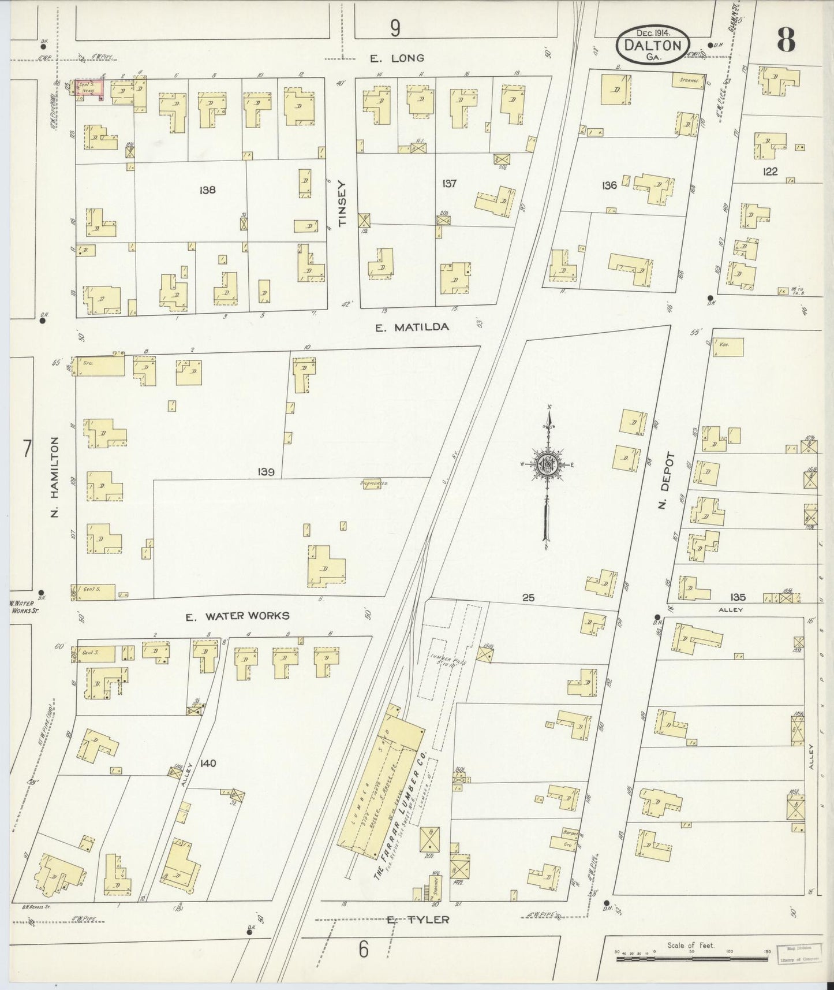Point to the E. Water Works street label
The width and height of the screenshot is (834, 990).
(237, 616)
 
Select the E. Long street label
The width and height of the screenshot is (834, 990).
(397, 58)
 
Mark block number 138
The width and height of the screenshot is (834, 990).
(207, 189)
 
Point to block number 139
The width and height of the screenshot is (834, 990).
(266, 472)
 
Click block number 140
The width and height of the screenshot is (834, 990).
(208, 763)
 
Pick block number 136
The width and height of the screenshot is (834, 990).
(609, 185)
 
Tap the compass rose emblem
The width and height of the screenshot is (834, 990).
(548, 464)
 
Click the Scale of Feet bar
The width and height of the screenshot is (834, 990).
(693, 959)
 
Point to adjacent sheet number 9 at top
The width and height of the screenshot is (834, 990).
(395, 28)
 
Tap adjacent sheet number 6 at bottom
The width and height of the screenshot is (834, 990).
(363, 949)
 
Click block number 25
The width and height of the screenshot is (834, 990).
(528, 598)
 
